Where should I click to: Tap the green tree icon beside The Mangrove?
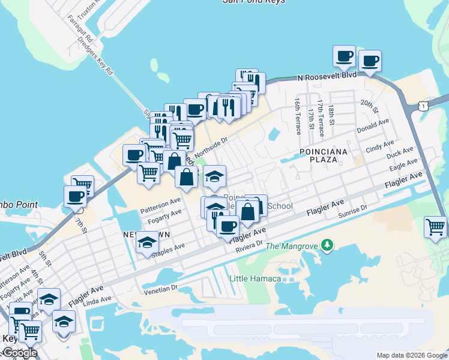327,245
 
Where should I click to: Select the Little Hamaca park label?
255,278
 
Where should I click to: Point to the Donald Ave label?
373,126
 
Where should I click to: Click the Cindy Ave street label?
379,146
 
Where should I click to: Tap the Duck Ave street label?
400,154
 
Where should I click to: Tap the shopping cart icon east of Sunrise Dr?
435,227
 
